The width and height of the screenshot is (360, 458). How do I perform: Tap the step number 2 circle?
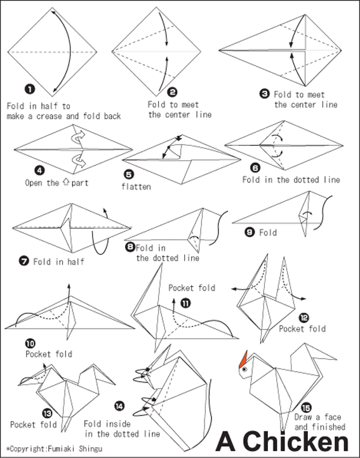[171, 91]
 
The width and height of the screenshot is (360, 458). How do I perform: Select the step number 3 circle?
[265, 93]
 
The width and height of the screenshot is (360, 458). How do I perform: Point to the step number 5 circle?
[129, 174]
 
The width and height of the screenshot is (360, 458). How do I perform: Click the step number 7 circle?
[24, 261]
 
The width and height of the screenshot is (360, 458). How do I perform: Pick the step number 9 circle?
[250, 233]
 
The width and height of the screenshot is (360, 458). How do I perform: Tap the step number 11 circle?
[185, 303]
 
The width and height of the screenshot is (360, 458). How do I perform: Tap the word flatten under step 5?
[137, 186]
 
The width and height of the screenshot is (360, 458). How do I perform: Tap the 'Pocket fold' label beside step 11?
[191, 288]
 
